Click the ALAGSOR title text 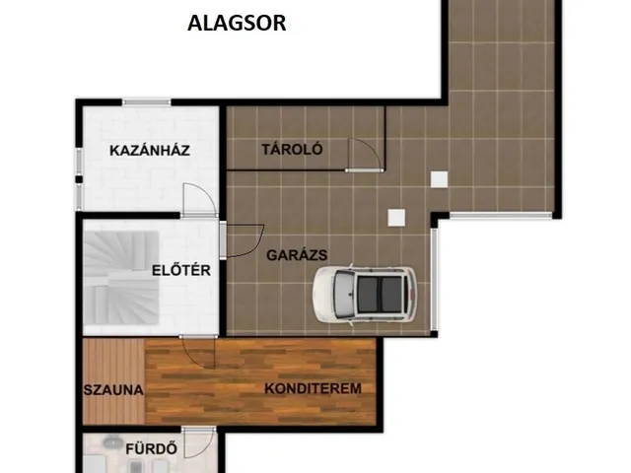click(237, 23)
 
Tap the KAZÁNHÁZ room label click(150, 151)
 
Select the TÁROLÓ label click(292, 149)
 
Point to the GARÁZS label click(297, 255)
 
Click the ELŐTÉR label click(181, 270)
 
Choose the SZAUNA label click(113, 390)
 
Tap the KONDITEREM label click(314, 388)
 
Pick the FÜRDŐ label click(151, 449)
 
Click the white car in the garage click(366, 295)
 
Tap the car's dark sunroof click(380, 295)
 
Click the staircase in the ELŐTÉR click(120, 278)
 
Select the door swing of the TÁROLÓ click(364, 155)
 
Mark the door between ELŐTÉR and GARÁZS click(243, 240)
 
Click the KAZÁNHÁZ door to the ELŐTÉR click(198, 200)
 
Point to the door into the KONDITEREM click(197, 352)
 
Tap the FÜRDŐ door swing click(199, 442)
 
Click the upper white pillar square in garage click(439, 179)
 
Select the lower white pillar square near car click(396, 218)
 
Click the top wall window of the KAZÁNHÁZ click(147, 102)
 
